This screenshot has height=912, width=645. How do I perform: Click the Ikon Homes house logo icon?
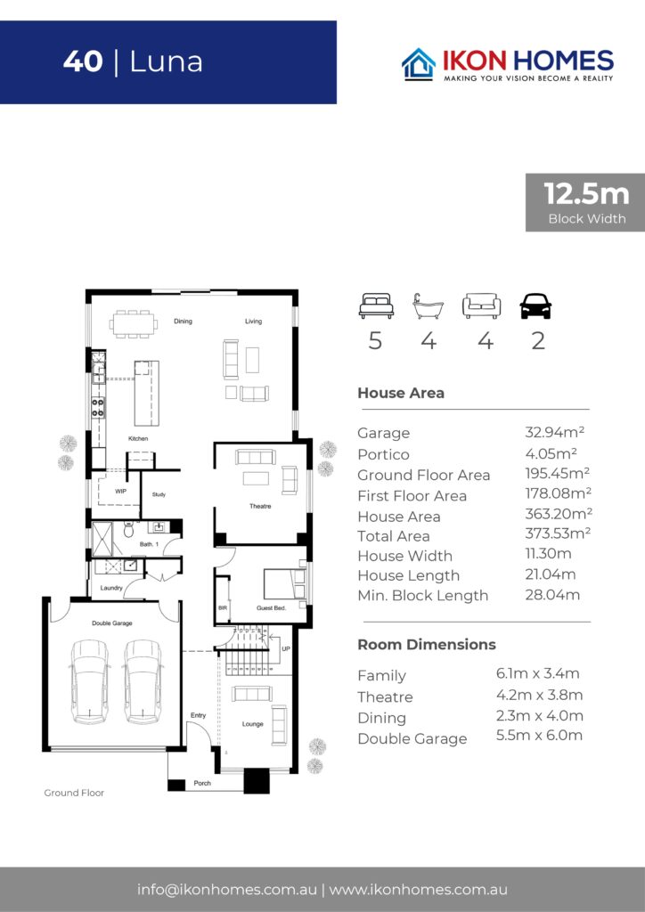coord(419,63)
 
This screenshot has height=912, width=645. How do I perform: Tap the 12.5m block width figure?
coord(586,193)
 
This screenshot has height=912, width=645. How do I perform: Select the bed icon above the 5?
coord(376,306)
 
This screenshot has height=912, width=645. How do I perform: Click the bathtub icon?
coord(428,306)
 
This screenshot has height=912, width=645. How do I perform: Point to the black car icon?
coord(535,306)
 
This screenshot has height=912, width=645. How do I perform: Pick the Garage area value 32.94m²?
coord(554,432)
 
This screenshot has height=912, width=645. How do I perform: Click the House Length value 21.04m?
coord(551,574)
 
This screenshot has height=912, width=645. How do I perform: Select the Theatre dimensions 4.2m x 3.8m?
coord(539,695)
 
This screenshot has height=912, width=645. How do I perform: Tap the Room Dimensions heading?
coord(427,645)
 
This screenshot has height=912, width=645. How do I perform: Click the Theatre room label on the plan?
coord(260,506)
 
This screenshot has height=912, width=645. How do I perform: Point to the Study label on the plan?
coord(159,494)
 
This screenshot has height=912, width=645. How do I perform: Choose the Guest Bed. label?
coord(271,607)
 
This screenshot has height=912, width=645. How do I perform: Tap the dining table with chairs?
coord(134,324)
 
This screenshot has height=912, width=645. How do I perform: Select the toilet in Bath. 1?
coord(128,529)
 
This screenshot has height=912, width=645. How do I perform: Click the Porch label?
coord(202,783)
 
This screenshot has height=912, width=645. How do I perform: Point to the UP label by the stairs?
coord(286,648)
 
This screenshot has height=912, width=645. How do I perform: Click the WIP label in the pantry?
coord(120,491)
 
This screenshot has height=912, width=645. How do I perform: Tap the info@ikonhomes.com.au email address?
coord(227,890)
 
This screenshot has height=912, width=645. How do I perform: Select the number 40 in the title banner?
coord(83,61)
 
